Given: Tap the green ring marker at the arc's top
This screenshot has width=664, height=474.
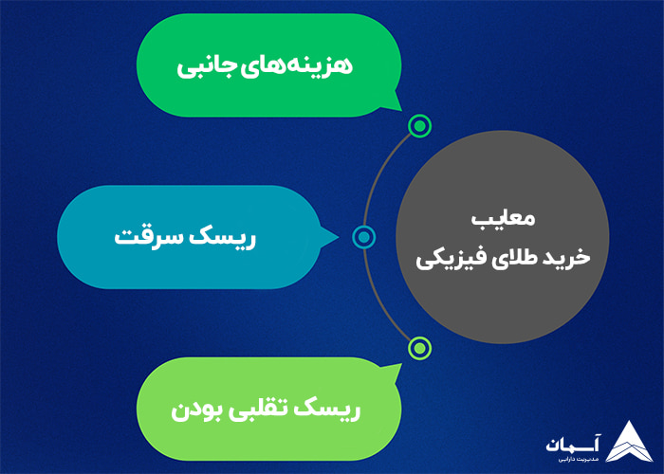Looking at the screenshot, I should point(418,126).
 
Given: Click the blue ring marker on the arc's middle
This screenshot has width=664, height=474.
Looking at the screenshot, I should point(361,237).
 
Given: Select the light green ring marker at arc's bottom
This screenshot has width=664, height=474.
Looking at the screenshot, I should point(418,348).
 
